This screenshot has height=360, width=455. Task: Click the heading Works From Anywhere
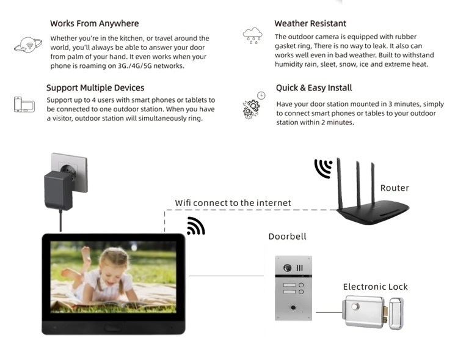tap(95, 23)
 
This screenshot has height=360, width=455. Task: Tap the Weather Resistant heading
tap(310, 23)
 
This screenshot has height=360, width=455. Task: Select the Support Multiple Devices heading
tap(95, 87)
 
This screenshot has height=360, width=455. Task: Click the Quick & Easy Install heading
tap(314, 87)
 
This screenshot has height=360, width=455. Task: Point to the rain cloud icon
tap(252, 35)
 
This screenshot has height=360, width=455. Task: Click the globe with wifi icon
tap(28, 45)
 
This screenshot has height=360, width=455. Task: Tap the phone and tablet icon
tap(24, 105)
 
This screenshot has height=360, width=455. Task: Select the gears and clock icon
tap(254, 105)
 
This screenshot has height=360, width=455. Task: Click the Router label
tap(395, 188)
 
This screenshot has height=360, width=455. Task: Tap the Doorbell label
tap(287, 237)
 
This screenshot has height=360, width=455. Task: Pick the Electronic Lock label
tap(375, 287)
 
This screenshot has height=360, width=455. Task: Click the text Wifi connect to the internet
tap(233, 203)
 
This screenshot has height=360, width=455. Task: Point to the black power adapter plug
tap(59, 190)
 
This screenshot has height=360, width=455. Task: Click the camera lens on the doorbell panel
tap(287, 268)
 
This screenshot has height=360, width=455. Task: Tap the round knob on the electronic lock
tap(355, 306)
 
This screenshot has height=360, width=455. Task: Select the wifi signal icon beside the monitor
tap(196, 226)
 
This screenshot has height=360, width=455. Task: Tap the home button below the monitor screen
tap(113, 328)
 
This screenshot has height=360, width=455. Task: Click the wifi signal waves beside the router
tap(323, 169)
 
